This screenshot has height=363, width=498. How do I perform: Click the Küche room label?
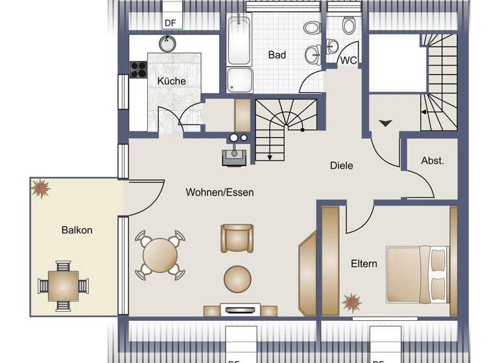point(171,82)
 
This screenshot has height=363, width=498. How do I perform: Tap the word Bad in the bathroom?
point(277,55)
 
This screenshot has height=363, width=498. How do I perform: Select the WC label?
point(349,60)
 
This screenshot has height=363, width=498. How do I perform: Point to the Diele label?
point(341,166)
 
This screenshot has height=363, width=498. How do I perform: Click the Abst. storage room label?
point(433,161)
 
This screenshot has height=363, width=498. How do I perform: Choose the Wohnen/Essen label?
point(220,193)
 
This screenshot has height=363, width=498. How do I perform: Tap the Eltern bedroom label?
point(364,264)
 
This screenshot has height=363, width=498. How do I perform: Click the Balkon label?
point(77,230)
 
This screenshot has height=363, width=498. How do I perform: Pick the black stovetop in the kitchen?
point(139,69)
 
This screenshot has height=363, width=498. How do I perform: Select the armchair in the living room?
point(235,239)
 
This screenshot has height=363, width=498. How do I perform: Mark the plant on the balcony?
point(41,189)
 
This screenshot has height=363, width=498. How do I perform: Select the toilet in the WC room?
point(349,27)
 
